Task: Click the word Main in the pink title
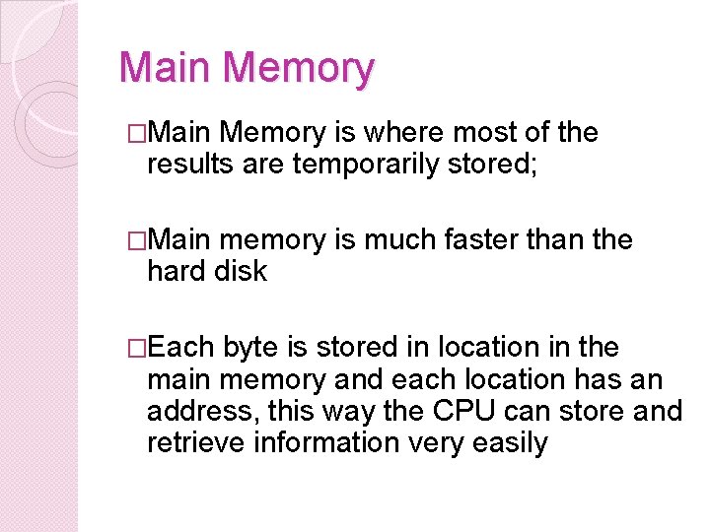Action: pyautogui.click(x=166, y=69)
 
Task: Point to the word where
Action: pyautogui.click(x=406, y=133)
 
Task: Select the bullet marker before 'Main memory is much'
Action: pyautogui.click(x=137, y=240)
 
